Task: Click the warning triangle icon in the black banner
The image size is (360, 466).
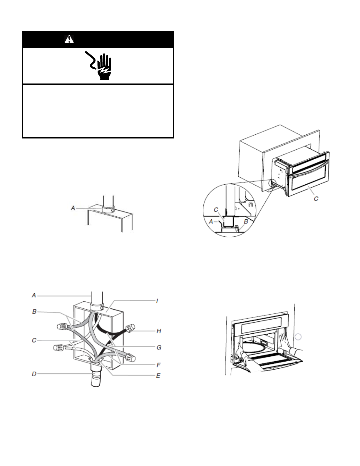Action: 69,39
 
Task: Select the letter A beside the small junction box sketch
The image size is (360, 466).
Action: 73,208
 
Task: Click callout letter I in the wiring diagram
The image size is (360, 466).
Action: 157,301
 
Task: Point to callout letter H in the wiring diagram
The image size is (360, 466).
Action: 159,331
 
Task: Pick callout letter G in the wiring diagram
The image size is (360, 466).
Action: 159,348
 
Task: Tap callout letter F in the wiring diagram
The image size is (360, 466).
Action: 158,365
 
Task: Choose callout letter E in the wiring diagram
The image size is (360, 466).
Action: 158,376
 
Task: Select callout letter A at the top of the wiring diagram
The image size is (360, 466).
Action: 34,295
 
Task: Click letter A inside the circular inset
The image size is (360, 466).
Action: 211,222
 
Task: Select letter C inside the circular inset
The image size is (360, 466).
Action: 216,210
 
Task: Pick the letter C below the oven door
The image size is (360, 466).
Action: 316,199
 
